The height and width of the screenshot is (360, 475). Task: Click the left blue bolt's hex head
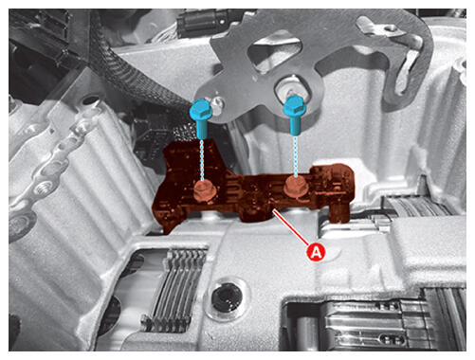click(199, 108)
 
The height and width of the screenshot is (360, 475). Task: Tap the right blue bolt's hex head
click(295, 106)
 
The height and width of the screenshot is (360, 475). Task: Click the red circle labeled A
click(317, 252)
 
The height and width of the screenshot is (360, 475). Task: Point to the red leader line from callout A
click(291, 227)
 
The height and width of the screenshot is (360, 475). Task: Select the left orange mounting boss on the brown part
click(204, 190)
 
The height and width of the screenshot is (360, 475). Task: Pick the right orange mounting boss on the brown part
click(296, 187)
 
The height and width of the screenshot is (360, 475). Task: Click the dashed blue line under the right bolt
click(296, 155)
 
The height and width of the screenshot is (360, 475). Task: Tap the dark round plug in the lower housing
click(227, 297)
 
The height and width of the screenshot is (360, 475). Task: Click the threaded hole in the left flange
click(44, 189)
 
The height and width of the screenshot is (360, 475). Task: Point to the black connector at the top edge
click(206, 20)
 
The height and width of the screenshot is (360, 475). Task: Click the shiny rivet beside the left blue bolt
click(218, 102)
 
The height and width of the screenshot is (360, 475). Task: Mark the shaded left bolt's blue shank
click(201, 127)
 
